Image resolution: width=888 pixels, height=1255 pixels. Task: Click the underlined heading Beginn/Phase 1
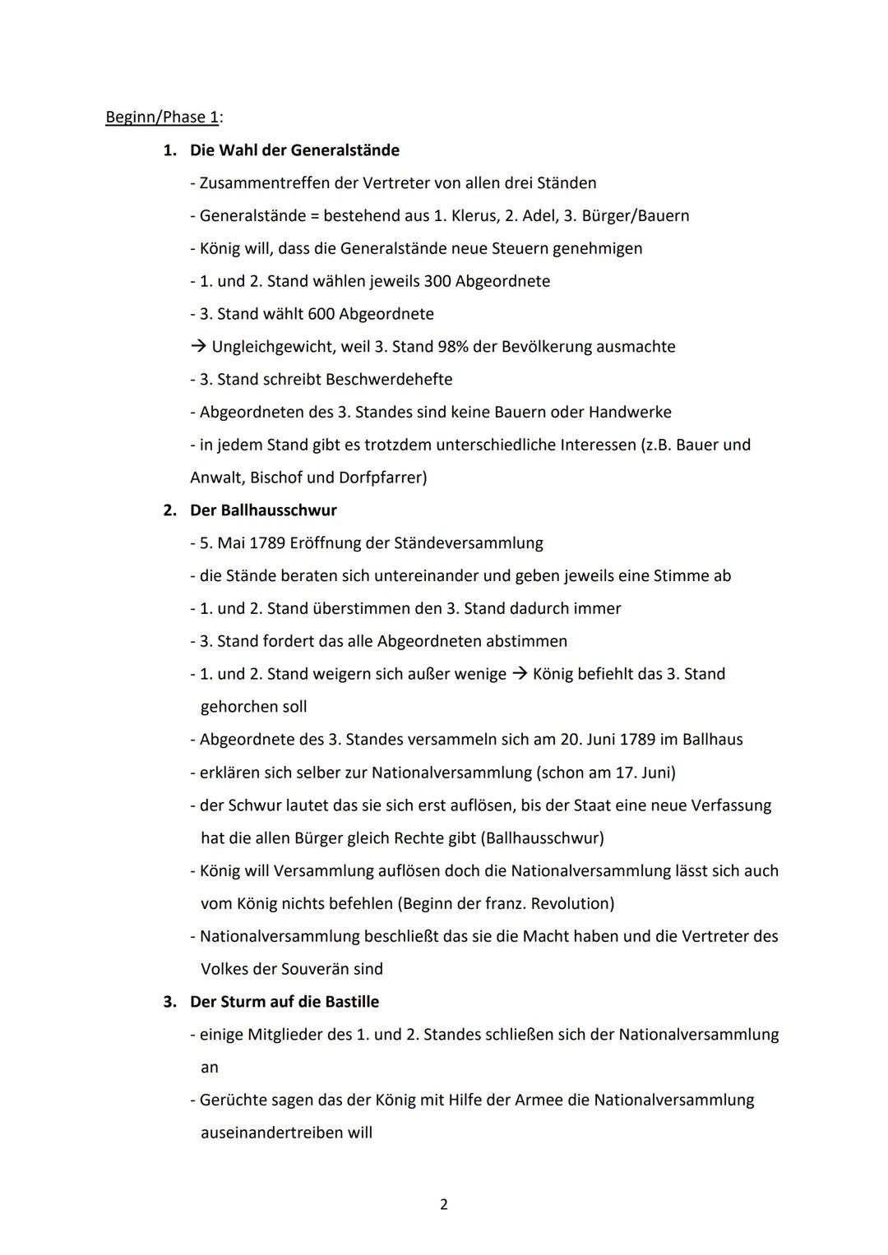[x=162, y=117]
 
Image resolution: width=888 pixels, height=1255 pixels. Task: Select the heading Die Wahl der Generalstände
[x=294, y=150]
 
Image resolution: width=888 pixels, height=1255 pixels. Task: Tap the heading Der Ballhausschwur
[x=263, y=510]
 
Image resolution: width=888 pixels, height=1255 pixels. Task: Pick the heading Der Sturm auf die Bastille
[x=284, y=1002]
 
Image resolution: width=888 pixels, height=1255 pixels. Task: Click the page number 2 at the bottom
[x=444, y=1204]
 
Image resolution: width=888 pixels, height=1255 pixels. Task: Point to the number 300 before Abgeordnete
[x=437, y=281]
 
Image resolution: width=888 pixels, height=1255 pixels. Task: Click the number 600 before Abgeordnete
[x=321, y=314]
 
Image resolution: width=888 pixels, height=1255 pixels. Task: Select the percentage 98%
[x=452, y=347]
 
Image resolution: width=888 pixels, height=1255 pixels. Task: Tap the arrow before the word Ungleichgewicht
[x=198, y=347]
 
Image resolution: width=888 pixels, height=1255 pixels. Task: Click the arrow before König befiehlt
[x=519, y=674]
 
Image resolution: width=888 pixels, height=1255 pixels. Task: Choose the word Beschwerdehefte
[x=389, y=380]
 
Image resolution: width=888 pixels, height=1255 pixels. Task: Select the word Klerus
[x=474, y=215]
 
